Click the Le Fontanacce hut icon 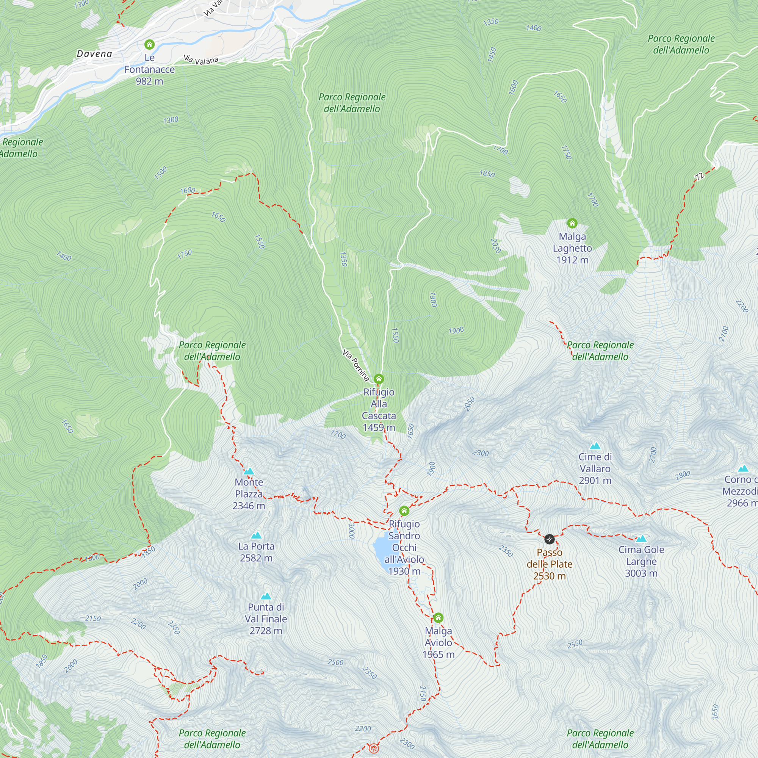coord(149,44)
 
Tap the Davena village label coord(94,54)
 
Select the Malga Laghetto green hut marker coord(572,223)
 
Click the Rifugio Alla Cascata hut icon coord(379,379)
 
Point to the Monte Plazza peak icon coord(249,471)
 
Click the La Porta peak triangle coord(256,535)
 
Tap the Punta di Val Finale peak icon coord(266,596)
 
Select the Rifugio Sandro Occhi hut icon coord(404,511)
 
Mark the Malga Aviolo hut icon coord(438,618)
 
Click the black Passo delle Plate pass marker coord(549,539)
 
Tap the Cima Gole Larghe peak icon coord(641,539)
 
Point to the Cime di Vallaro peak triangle coord(595,446)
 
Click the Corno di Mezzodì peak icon coord(743,468)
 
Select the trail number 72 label coord(699,177)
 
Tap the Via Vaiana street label coord(201,60)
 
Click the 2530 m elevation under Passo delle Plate coord(549,576)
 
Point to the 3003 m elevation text coord(641,573)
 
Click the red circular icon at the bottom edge coord(374,748)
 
